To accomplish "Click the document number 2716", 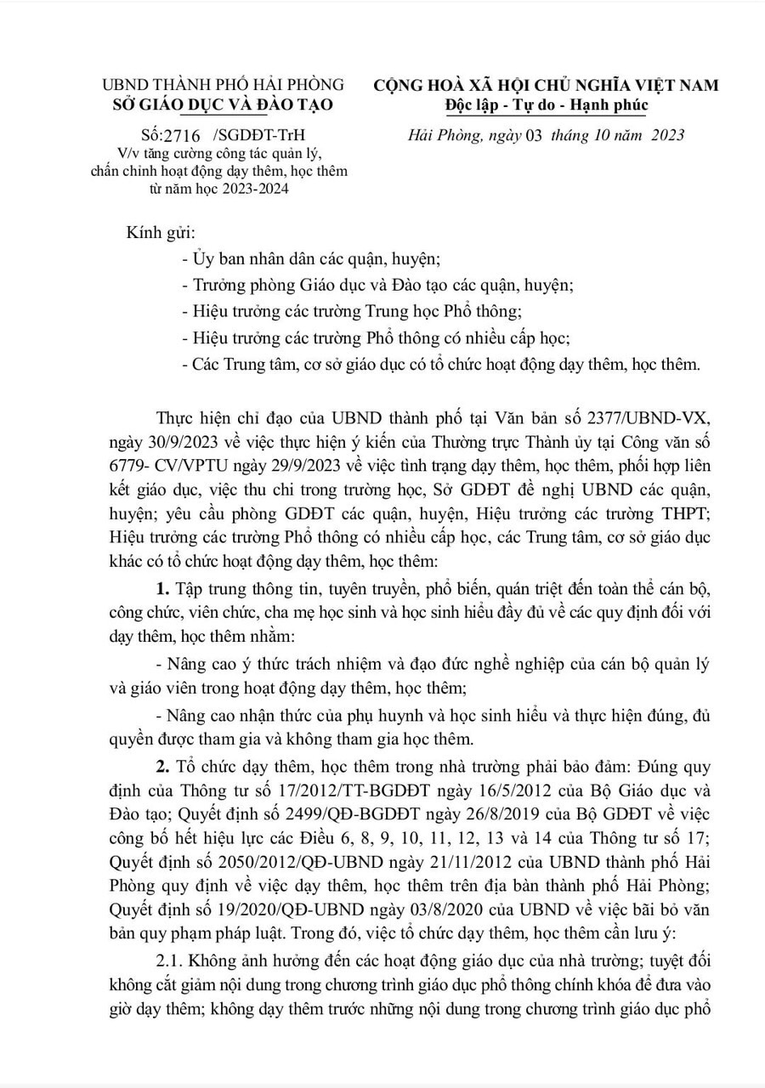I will point(175,135).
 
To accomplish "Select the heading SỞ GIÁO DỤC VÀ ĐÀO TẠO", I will point(223,105).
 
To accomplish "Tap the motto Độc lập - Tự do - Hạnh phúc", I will point(547,105).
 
